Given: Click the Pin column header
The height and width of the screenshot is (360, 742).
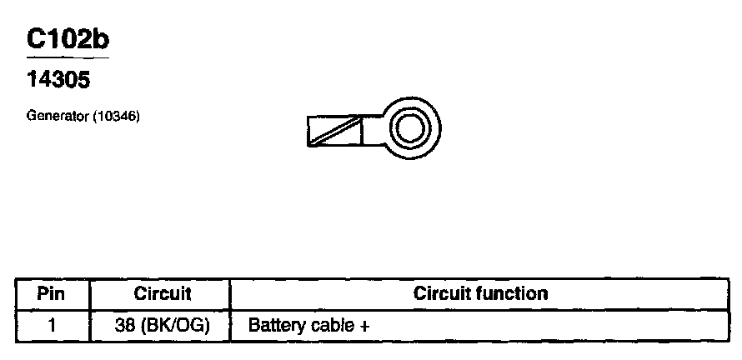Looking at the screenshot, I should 52,293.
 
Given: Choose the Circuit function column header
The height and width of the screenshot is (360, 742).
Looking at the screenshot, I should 481,293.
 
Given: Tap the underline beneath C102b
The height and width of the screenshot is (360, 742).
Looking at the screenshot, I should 68,58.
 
